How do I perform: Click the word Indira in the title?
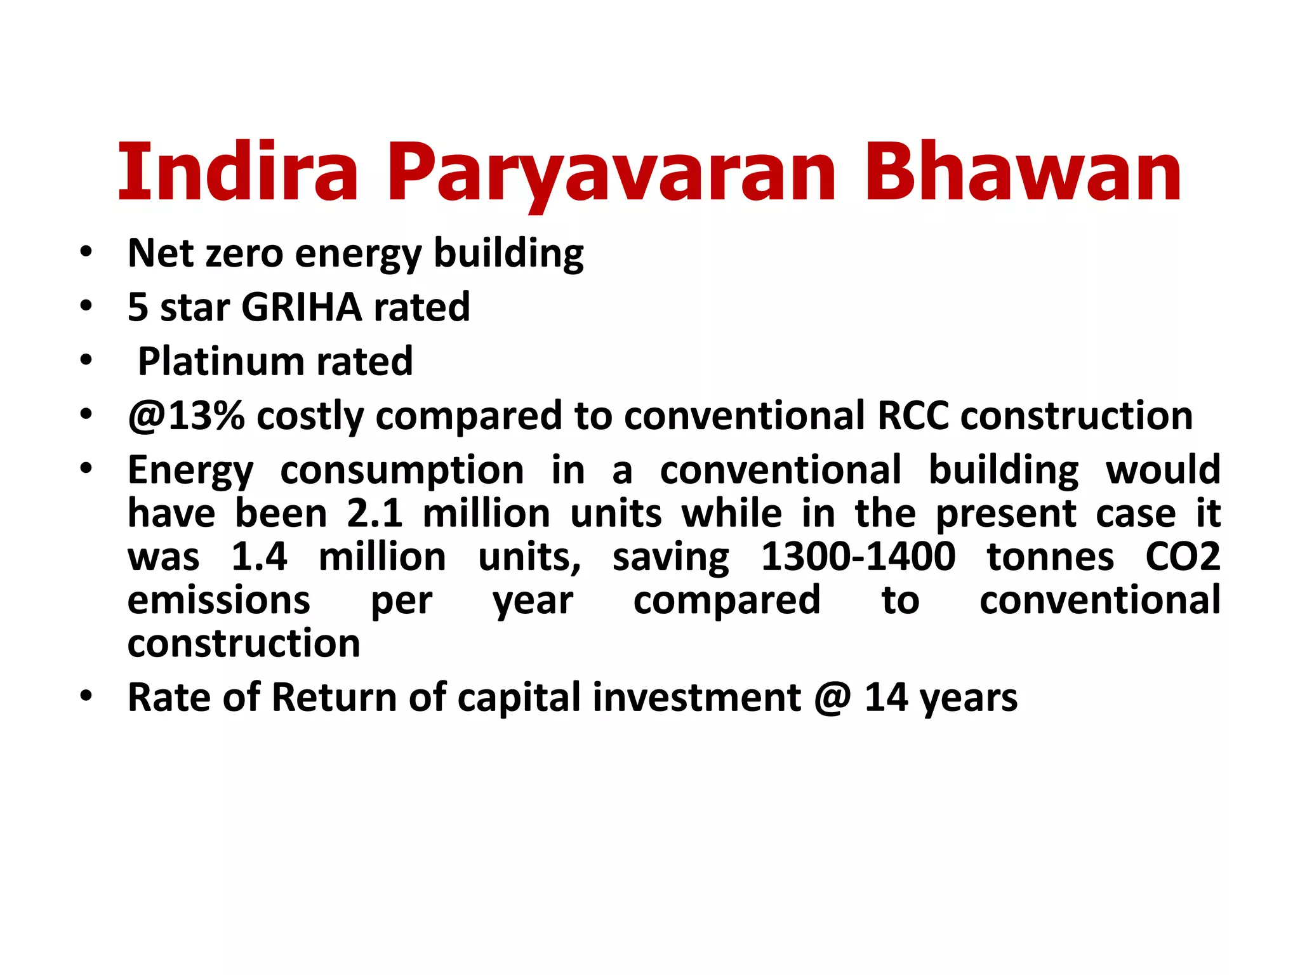pos(238,173)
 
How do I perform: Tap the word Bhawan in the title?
pos(1021,173)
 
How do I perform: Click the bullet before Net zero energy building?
pos(86,253)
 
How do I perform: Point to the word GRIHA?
pos(302,307)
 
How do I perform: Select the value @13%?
pos(186,416)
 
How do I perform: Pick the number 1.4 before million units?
pos(259,557)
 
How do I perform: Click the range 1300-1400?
pos(858,557)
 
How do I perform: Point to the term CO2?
pos(1182,557)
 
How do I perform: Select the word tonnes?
pos(1050,557)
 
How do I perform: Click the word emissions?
pos(218,600)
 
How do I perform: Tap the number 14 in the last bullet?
pos(886,697)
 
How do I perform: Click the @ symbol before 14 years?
pos(832,698)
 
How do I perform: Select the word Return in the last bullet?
pos(334,697)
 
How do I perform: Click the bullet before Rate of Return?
pos(86,696)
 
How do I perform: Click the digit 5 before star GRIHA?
pos(138,307)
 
